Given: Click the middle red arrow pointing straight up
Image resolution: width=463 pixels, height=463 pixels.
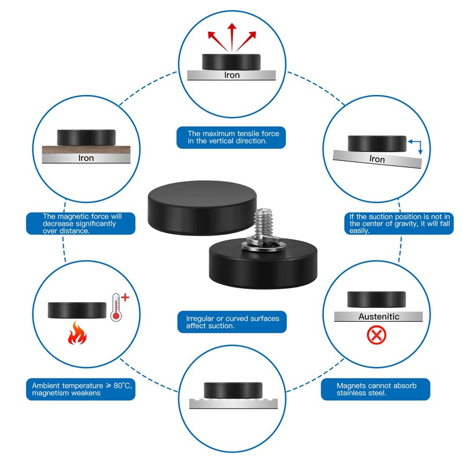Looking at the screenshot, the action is (232, 38).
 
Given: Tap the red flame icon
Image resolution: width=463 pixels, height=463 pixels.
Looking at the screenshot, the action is (77, 333).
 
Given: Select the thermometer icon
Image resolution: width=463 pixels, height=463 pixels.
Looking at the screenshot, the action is (116, 307).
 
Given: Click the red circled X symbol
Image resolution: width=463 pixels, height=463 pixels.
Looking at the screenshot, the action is (377, 335).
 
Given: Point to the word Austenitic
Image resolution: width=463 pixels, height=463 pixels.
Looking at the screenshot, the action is (379, 317).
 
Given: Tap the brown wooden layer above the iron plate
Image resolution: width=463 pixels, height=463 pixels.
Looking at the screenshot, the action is (86, 149).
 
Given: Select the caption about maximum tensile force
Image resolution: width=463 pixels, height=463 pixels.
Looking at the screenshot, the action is (231, 137).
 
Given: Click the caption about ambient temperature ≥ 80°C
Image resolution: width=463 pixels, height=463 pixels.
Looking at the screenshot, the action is (80, 389).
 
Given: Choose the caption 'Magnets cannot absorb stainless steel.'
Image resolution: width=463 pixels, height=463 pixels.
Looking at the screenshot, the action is (376, 389).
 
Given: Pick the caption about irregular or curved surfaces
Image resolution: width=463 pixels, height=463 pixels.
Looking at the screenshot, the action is (232, 322).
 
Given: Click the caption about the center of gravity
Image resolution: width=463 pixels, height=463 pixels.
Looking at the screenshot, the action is (399, 223).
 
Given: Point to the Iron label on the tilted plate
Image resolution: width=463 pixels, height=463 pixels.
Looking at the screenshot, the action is (377, 159).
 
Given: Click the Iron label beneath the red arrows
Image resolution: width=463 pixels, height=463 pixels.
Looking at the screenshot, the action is (232, 75).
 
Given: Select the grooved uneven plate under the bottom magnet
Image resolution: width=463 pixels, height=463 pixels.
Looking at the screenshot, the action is (233, 403).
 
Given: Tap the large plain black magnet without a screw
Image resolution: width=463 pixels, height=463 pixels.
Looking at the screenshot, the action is (202, 208).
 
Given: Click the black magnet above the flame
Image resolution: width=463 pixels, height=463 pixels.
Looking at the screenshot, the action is (77, 310).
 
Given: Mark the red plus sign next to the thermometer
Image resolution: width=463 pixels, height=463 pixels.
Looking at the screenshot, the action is (125, 297).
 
